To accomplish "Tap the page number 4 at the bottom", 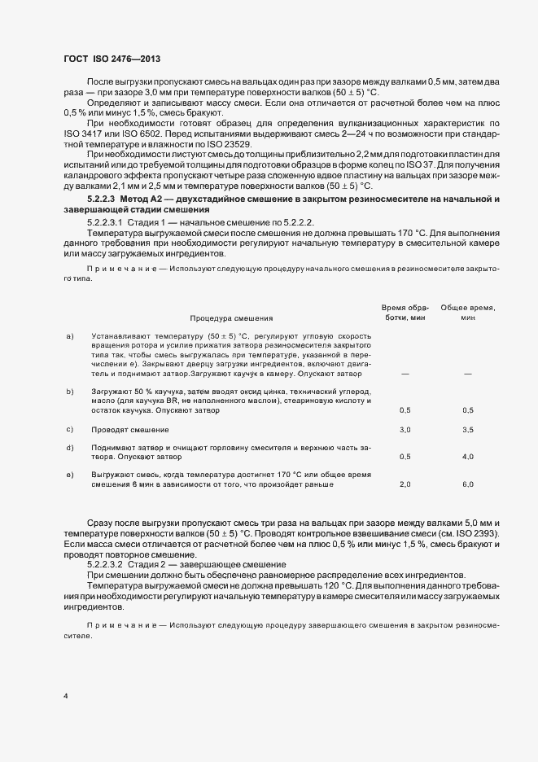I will (66, 695).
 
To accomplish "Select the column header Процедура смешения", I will (231, 318).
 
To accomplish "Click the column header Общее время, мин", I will (468, 313).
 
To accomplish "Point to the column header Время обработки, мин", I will (405, 313).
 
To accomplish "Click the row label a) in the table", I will (70, 335).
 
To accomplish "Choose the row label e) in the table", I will (70, 474).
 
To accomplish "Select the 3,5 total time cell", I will (468, 429).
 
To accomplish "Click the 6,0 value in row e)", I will (468, 484).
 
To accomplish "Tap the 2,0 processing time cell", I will (405, 484).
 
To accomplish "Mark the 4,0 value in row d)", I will (468, 457).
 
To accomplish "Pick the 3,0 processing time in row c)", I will (405, 429).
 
